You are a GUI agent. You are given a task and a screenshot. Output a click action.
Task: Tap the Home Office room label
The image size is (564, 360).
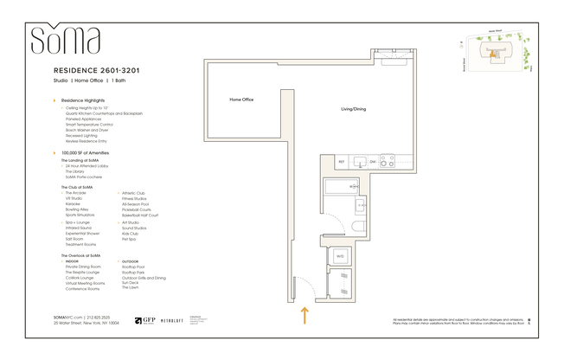click(241, 100)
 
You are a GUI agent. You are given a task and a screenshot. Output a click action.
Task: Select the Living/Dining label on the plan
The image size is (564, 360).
click(354, 110)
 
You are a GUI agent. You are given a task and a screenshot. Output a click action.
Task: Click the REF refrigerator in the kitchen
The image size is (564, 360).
click(342, 162)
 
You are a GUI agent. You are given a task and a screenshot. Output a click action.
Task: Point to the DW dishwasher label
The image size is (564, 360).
click(373, 162)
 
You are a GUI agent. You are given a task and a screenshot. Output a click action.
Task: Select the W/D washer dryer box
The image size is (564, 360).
click(340, 256)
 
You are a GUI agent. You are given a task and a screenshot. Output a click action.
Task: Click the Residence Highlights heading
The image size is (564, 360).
click(85, 101)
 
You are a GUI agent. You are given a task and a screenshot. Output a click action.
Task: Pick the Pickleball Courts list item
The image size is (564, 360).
click(137, 209)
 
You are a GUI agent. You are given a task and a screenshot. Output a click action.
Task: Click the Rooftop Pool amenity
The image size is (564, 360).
click(133, 267)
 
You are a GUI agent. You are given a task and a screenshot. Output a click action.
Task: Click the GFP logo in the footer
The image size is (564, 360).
click(144, 320)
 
